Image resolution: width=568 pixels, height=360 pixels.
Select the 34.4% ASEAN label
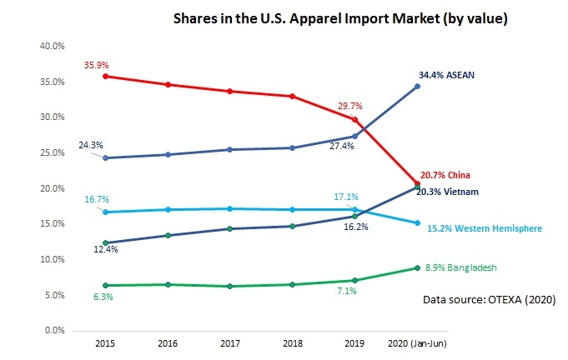pos(446,75)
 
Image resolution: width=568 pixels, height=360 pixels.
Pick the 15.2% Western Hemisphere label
pos(484,228)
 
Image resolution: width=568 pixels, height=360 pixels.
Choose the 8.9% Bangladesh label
pos(467,267)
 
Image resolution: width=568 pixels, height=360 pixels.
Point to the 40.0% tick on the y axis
pos(53,47)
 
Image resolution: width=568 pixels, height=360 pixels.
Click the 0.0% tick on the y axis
pos(56,331)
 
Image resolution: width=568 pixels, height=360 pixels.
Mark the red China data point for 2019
pos(354,119)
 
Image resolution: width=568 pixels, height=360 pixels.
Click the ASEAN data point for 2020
pos(417,86)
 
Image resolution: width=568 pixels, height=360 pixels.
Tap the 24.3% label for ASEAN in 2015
pos(92,145)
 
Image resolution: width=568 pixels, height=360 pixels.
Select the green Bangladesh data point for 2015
pos(103,286)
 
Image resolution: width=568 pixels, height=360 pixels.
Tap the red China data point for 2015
pos(103,76)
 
